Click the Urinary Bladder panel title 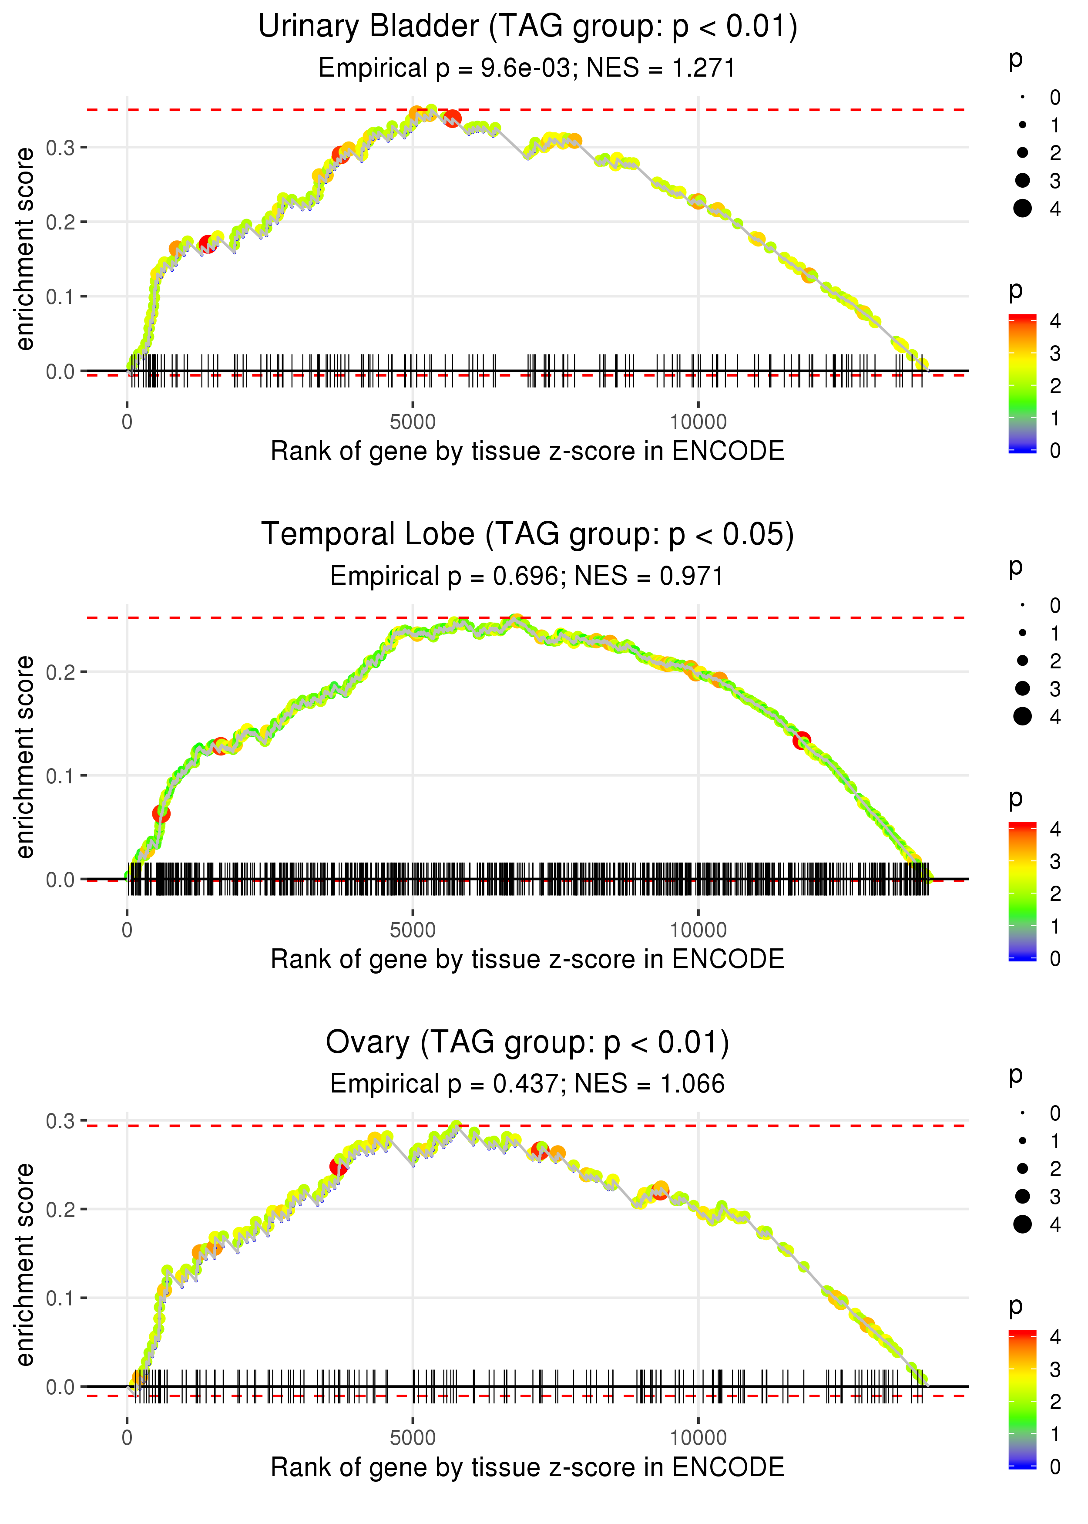coord(527,27)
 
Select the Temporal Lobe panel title coord(527,535)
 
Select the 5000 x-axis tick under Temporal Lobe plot coord(412,930)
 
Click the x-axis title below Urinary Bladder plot coord(527,451)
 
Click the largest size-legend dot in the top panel coord(1022,209)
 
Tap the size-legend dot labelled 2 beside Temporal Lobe coord(1022,661)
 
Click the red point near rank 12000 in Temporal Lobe coord(802,741)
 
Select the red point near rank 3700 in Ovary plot coord(339,1167)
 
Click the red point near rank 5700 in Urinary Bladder coord(453,118)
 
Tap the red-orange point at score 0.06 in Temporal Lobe coord(161,814)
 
